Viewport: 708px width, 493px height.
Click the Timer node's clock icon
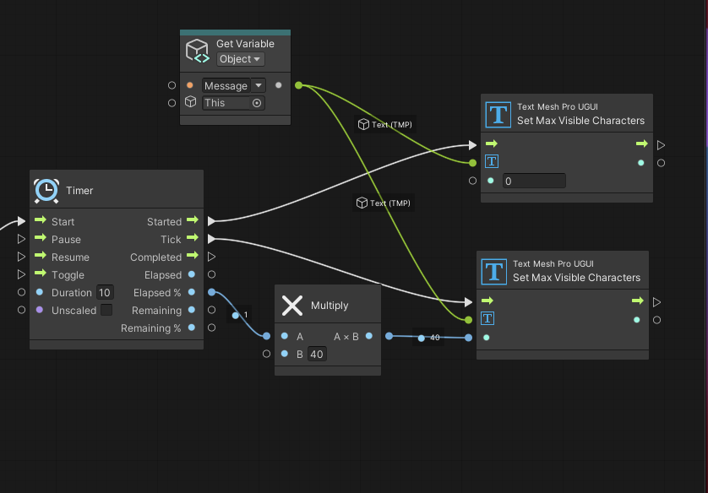[46, 190]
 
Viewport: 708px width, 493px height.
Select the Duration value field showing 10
[104, 293]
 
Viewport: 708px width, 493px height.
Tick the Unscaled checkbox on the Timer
[106, 311]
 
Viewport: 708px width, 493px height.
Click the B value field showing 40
[317, 354]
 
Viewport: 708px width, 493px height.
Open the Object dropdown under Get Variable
[240, 59]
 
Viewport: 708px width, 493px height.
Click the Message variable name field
[226, 86]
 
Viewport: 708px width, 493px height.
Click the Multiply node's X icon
[292, 306]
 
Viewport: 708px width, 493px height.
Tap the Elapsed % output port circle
[211, 292]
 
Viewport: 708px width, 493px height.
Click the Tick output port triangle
[211, 239]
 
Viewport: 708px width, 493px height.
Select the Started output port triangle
[211, 221]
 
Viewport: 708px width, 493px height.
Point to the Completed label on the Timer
[155, 257]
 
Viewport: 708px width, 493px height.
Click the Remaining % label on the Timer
[151, 328]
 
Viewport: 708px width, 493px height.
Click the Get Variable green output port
[298, 85]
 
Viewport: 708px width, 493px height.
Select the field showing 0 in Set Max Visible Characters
[534, 181]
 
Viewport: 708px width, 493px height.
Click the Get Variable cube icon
[198, 51]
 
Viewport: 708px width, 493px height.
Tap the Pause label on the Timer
[66, 240]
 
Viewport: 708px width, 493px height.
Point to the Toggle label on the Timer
[68, 275]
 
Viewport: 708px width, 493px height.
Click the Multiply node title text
[329, 306]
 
